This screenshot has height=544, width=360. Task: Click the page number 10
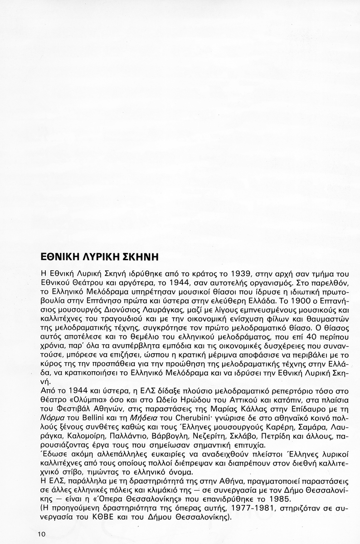coord(42,534)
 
